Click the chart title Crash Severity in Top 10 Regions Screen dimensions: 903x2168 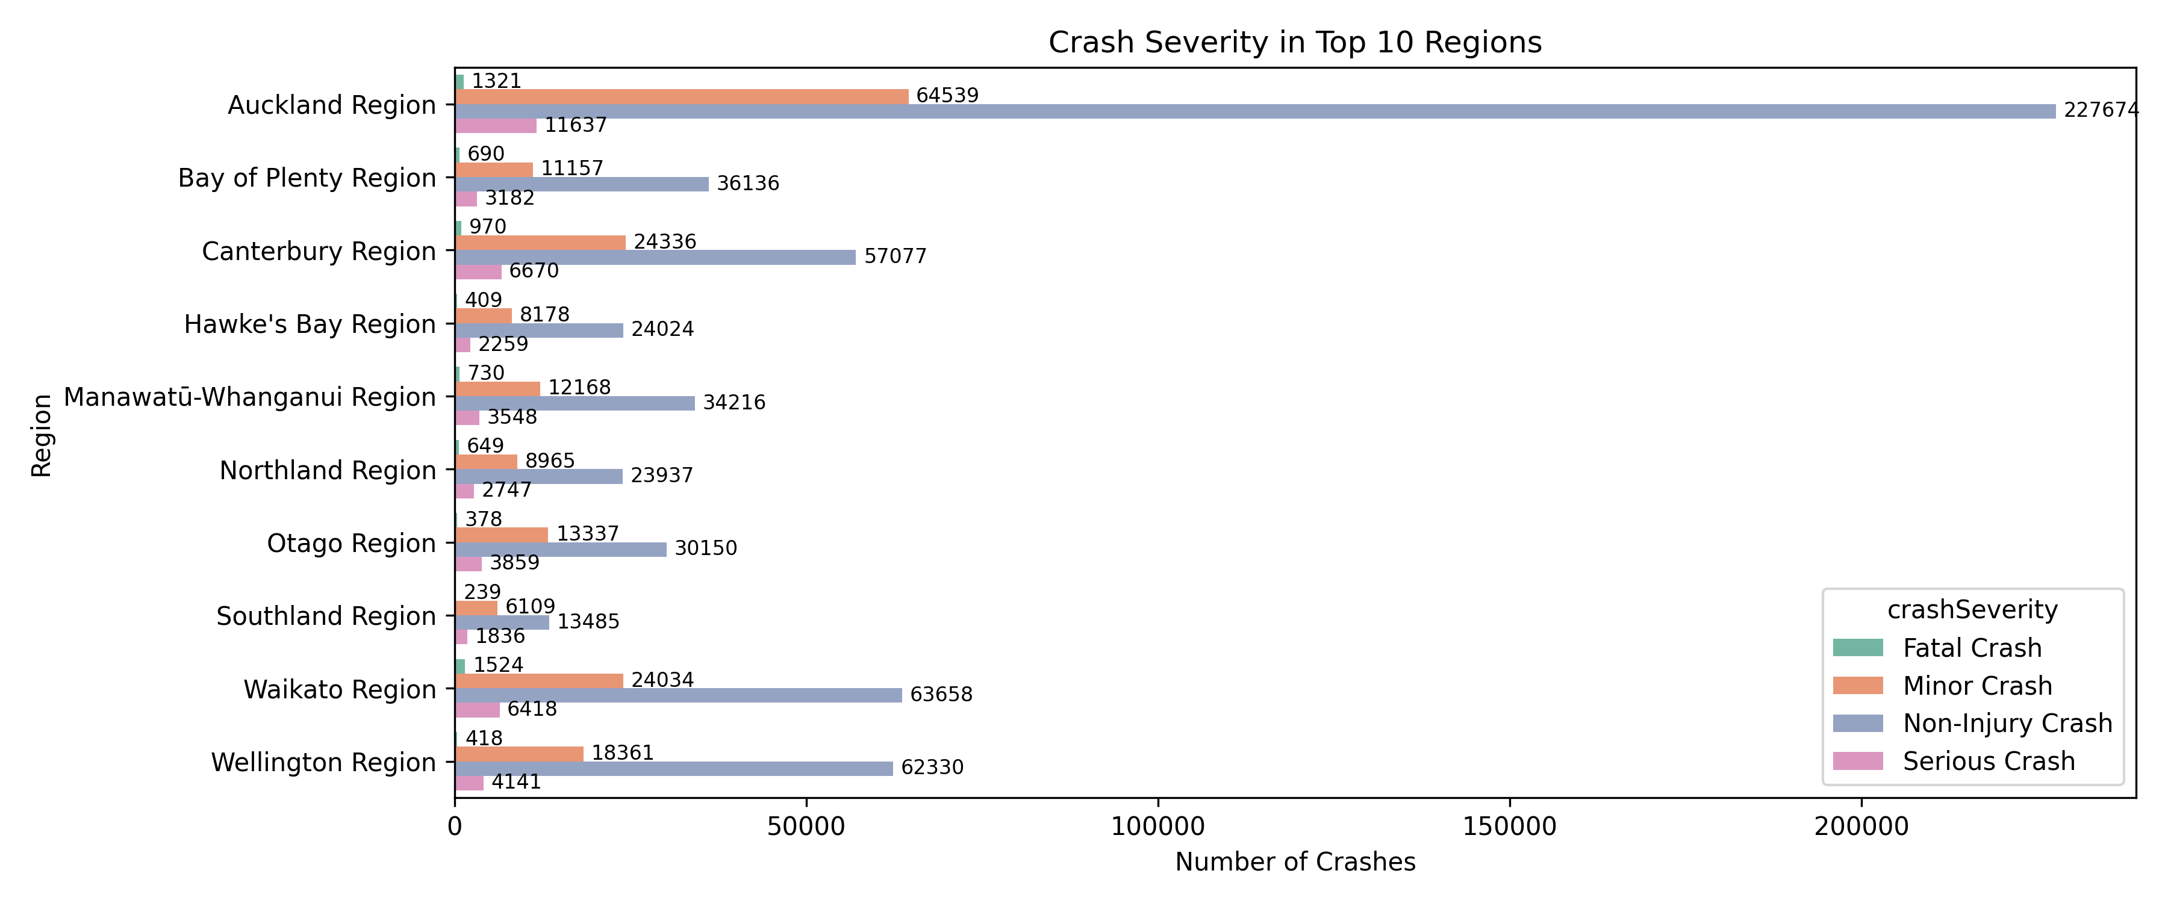point(1294,42)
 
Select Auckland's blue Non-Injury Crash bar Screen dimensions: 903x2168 point(1254,111)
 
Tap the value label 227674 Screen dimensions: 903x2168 point(2101,110)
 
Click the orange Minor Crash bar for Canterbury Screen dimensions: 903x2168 point(540,243)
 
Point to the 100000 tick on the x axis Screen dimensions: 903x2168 point(1157,827)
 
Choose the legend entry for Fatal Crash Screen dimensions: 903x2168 point(1972,648)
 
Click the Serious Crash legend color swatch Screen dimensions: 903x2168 point(1857,761)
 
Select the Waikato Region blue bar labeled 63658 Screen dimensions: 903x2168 point(677,695)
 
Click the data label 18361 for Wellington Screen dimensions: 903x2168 point(623,752)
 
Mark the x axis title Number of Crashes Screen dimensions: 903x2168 point(1294,862)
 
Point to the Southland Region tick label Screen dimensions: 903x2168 point(326,616)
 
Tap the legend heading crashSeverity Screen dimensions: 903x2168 point(1972,609)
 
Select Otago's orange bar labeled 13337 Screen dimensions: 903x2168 point(502,535)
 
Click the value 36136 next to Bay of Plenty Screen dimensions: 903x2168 point(747,184)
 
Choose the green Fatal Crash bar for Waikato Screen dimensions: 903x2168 point(460,666)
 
